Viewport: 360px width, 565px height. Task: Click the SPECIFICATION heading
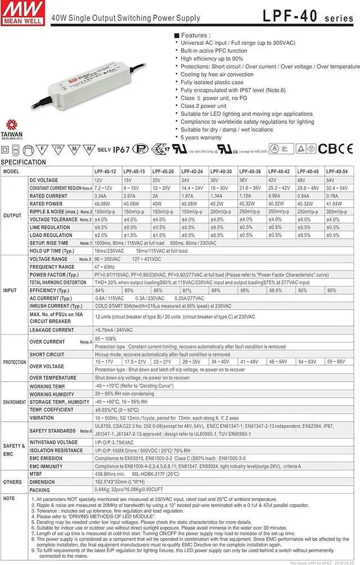pos(23,162)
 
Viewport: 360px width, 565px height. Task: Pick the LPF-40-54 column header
pos(337,171)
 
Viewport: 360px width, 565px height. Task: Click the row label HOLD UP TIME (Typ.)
pos(52,251)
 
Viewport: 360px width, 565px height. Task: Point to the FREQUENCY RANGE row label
pos(52,266)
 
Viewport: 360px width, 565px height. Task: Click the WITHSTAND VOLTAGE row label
pos(54,442)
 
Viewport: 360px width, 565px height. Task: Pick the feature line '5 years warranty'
pos(201,137)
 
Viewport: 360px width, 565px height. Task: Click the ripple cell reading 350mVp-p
pos(336,211)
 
